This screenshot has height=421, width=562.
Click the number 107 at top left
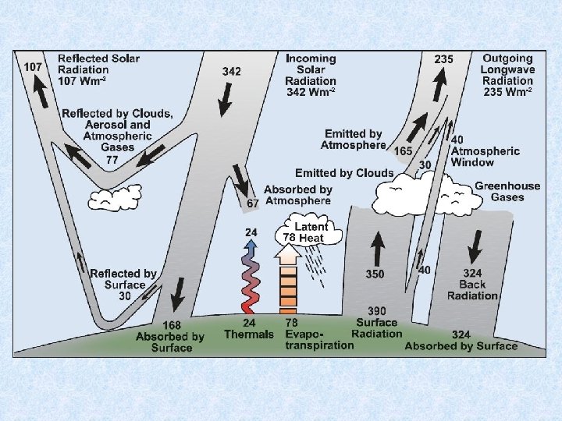(33, 67)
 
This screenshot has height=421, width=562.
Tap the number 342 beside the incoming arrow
(232, 71)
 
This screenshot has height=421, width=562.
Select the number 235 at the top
(443, 58)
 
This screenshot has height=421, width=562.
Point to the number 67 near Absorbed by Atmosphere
(253, 203)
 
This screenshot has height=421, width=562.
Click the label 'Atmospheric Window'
(484, 157)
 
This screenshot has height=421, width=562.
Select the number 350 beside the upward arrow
(375, 274)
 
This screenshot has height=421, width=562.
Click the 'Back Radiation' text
(471, 289)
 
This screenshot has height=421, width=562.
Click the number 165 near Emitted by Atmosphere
(403, 150)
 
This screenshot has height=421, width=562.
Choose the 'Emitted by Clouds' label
(343, 172)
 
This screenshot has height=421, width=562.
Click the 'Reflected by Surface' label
(123, 279)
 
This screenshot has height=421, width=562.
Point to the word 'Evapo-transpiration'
(311, 339)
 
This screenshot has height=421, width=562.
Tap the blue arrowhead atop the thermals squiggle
(251, 244)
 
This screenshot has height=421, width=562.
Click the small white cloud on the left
(114, 198)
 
